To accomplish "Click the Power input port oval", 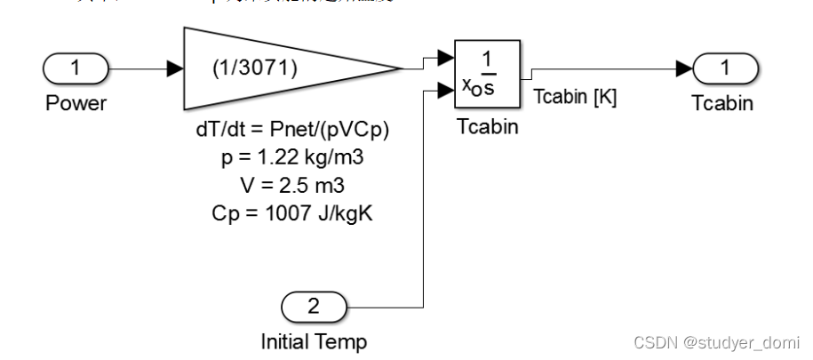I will [x=76, y=67].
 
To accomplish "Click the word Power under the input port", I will [x=76, y=103].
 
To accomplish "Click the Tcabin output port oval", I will [x=726, y=67].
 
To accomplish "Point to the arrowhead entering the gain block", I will [x=174, y=67].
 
